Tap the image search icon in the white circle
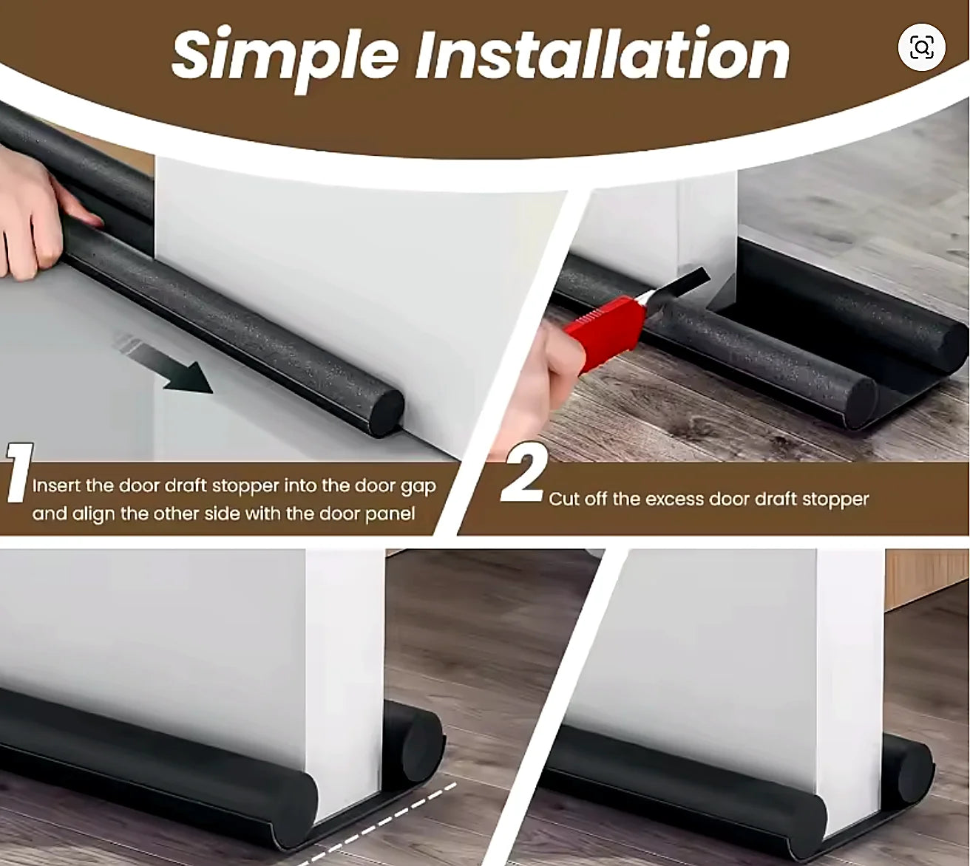pos(921,47)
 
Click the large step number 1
pos(19,473)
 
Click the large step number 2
pos(523,473)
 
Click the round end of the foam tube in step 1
pos(387,412)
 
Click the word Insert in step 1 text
pos(56,485)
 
